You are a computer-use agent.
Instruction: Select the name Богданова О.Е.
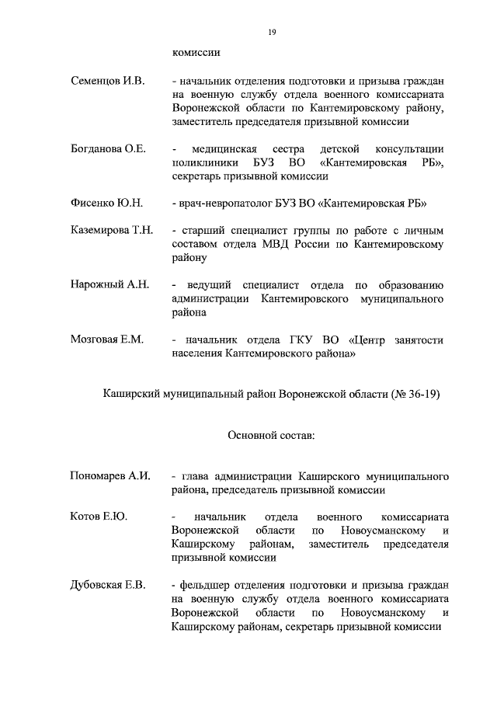(x=108, y=149)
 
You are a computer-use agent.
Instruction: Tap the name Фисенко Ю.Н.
(x=106, y=203)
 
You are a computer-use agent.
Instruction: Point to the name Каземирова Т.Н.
(x=112, y=231)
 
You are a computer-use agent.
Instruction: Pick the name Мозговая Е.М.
(x=106, y=339)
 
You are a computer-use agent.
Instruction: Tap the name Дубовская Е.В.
(x=108, y=583)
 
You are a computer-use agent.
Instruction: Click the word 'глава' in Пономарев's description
(x=195, y=475)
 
